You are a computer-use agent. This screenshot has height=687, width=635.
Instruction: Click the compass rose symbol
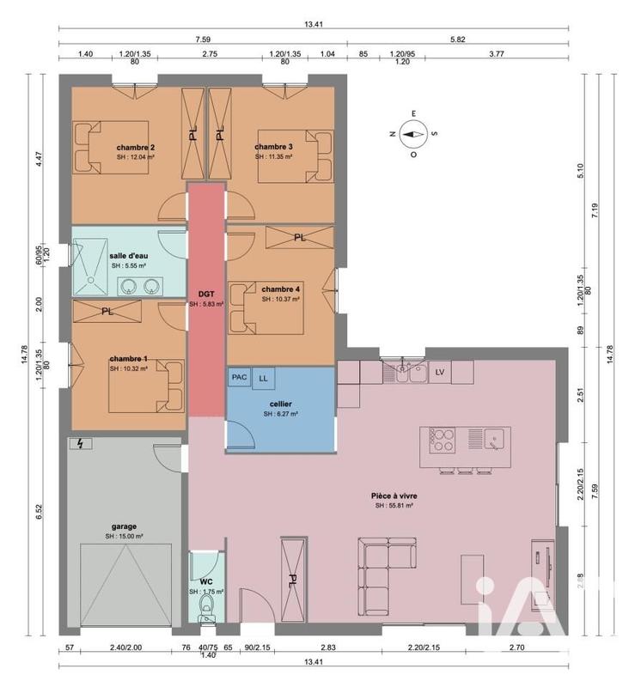click(x=413, y=133)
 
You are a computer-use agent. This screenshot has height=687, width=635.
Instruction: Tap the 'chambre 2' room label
click(x=136, y=147)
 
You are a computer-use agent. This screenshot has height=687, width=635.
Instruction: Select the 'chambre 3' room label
click(x=273, y=147)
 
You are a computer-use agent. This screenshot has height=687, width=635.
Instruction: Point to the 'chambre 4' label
click(x=280, y=289)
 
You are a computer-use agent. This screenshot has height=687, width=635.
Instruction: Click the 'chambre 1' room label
click(x=128, y=358)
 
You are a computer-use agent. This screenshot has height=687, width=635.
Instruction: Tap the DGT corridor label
click(x=206, y=293)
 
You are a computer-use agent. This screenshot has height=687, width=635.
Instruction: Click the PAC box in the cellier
click(x=238, y=377)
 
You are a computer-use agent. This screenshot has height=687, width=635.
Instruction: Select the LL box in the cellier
click(x=262, y=377)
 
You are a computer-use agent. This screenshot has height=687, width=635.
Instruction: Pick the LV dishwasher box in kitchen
click(x=440, y=371)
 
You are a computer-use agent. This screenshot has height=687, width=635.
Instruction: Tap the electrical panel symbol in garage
click(x=81, y=444)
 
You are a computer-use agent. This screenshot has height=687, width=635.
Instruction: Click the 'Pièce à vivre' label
click(x=394, y=495)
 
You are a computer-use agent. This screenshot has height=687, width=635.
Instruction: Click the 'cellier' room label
click(x=280, y=403)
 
